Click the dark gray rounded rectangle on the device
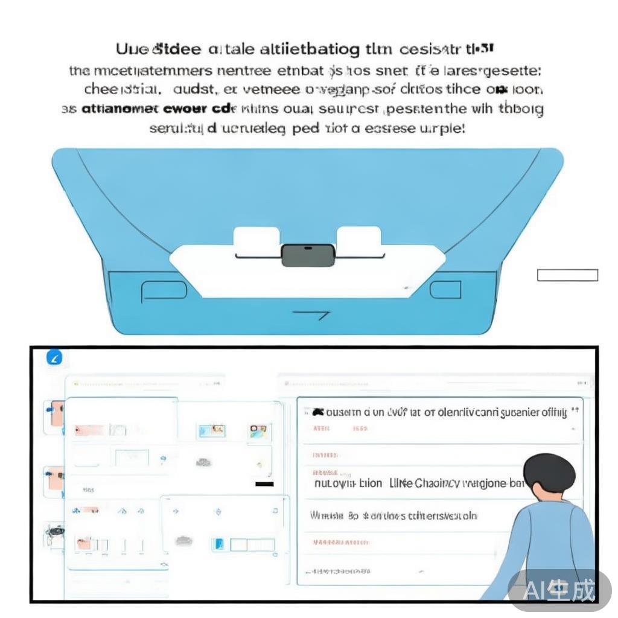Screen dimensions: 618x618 [x=308, y=255]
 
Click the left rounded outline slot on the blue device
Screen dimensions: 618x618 [x=164, y=291]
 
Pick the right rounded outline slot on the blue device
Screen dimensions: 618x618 [x=445, y=290]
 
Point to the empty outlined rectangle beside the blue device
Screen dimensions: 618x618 [x=567, y=275]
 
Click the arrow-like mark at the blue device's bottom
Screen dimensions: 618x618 [x=311, y=315]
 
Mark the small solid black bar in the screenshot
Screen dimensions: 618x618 [x=264, y=484]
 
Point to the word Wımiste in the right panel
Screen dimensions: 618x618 [x=327, y=515]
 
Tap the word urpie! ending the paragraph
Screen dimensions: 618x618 [x=444, y=129]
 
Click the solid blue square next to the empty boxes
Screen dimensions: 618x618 [x=219, y=544]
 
